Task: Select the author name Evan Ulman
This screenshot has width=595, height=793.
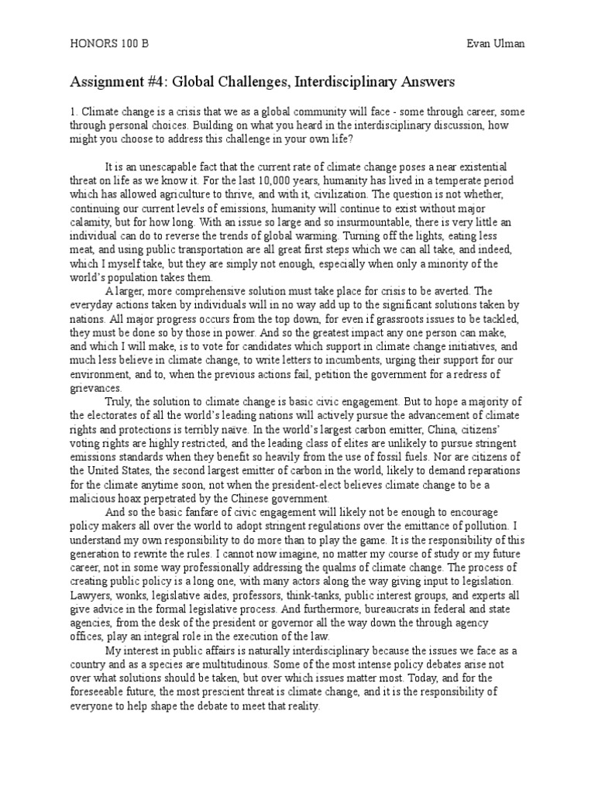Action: [495, 45]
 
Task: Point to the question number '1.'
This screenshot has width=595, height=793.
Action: [74, 112]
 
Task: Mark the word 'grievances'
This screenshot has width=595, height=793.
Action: [95, 389]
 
